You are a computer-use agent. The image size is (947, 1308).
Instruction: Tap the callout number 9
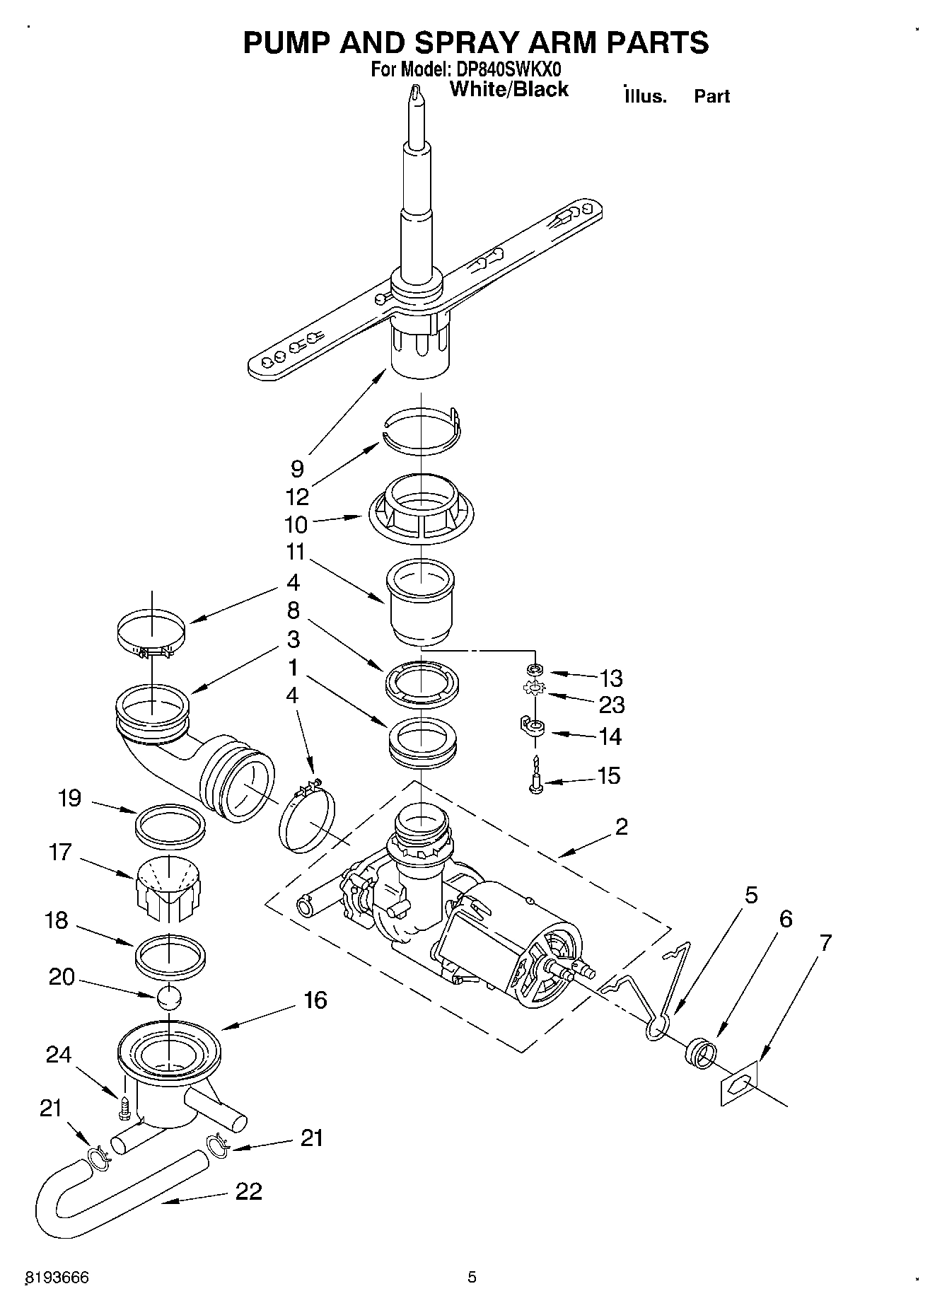[x=297, y=468]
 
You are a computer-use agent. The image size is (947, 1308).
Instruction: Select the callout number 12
[x=298, y=497]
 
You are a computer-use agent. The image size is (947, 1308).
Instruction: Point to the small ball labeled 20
[x=169, y=997]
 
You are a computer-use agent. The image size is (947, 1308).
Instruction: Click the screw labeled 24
[x=124, y=1107]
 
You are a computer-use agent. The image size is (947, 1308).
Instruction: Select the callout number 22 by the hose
[x=248, y=1191]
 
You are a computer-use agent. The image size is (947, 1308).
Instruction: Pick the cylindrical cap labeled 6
[x=699, y=1051]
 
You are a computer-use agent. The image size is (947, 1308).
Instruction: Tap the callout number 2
[x=621, y=826]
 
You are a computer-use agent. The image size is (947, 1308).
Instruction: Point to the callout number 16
[x=315, y=1000]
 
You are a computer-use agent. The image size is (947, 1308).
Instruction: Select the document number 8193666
[x=57, y=1277]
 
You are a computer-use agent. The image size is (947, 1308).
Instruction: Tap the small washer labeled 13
[x=535, y=669]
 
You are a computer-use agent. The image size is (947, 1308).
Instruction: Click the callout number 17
[x=61, y=852]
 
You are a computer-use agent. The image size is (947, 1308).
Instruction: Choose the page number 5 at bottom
[x=472, y=1277]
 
